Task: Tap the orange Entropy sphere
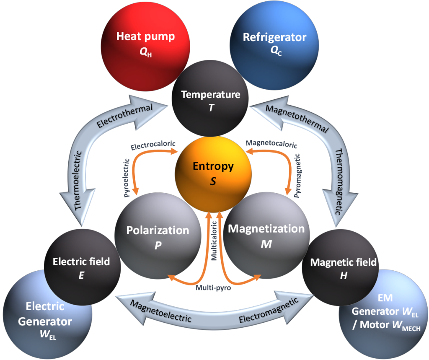pos(213,172)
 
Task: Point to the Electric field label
pos(81,262)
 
